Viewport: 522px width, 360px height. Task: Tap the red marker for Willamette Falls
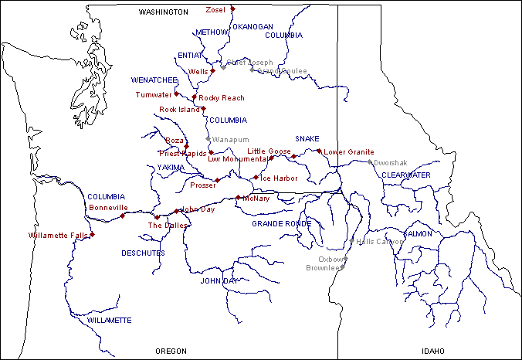pos(92,234)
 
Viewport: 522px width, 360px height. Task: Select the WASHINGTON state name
pos(163,12)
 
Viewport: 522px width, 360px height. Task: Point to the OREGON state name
pos(171,351)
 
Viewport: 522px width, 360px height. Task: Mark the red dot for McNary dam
pos(238,198)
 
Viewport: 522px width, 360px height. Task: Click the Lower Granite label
pos(348,152)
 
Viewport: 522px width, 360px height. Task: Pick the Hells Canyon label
pos(375,241)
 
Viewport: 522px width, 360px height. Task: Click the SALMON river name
pos(418,233)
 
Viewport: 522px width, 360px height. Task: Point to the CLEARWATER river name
pos(405,175)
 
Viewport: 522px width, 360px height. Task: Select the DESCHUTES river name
pos(143,253)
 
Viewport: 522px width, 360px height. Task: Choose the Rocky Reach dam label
pos(222,98)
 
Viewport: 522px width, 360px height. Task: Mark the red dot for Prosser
pos(218,181)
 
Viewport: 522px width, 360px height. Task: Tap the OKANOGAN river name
pos(253,26)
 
